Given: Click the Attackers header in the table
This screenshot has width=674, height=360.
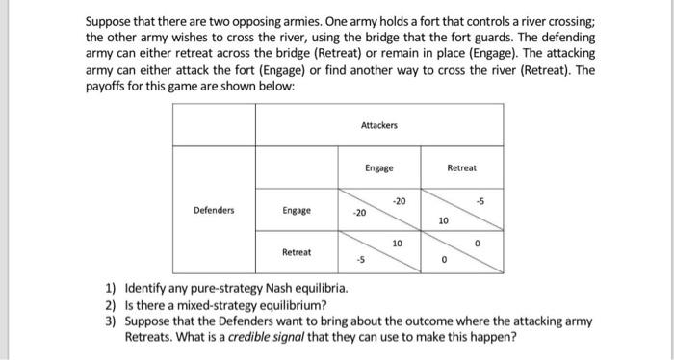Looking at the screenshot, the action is click(x=378, y=125).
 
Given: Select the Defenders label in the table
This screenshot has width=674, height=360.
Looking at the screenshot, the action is click(x=214, y=209).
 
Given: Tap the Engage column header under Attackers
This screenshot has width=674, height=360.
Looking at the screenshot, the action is click(x=378, y=167).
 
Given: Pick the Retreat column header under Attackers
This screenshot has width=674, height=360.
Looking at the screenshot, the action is click(x=461, y=167).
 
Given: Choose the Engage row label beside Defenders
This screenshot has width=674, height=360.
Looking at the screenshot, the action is click(x=297, y=209).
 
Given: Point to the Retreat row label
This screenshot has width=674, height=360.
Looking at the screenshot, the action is click(x=297, y=251).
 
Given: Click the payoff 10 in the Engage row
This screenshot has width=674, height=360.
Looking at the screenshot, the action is click(x=442, y=221).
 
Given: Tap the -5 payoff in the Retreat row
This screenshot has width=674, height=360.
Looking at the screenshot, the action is click(x=360, y=259).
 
